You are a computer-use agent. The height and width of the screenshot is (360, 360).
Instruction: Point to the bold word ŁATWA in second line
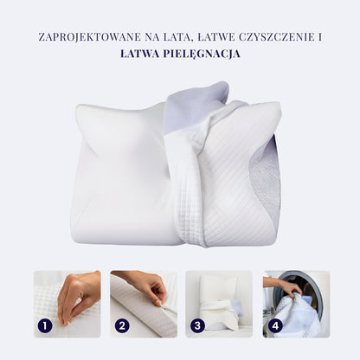[144, 53]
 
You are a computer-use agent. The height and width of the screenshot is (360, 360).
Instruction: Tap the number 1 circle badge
[45, 326]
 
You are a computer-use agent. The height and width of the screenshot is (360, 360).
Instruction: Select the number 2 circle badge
[121, 326]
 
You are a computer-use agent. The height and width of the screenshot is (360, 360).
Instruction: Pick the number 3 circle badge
[198, 326]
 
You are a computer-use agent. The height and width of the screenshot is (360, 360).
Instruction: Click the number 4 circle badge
[274, 326]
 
